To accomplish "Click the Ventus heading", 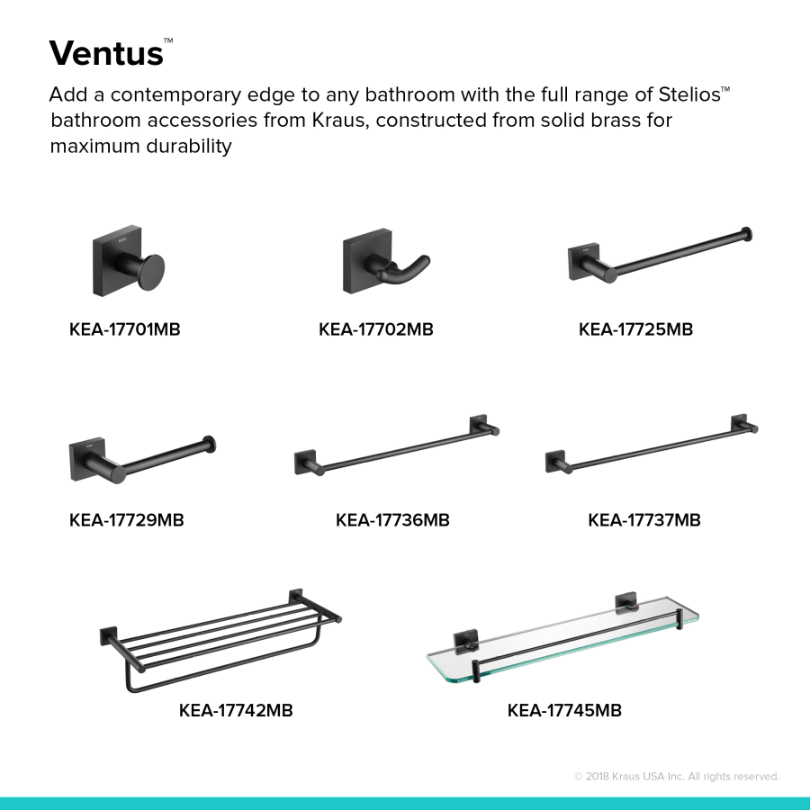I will coord(106,53).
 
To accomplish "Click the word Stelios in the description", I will coord(683,94).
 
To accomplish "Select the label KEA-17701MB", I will coord(125,329).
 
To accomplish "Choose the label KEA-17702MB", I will coord(376,329).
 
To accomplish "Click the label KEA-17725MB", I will coord(635,329).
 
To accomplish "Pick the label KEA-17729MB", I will coord(127,520).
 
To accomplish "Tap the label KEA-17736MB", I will coord(392,520).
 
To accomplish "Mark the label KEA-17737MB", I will coord(644,520).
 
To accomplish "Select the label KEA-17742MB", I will coord(236,711).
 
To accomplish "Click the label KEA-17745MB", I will coord(564,711).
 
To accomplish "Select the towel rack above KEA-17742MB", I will coord(220,639).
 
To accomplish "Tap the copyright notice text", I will coord(677,776).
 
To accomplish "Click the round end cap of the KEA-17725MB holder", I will coord(745,235).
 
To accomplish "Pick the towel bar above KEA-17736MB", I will coord(397,447).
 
